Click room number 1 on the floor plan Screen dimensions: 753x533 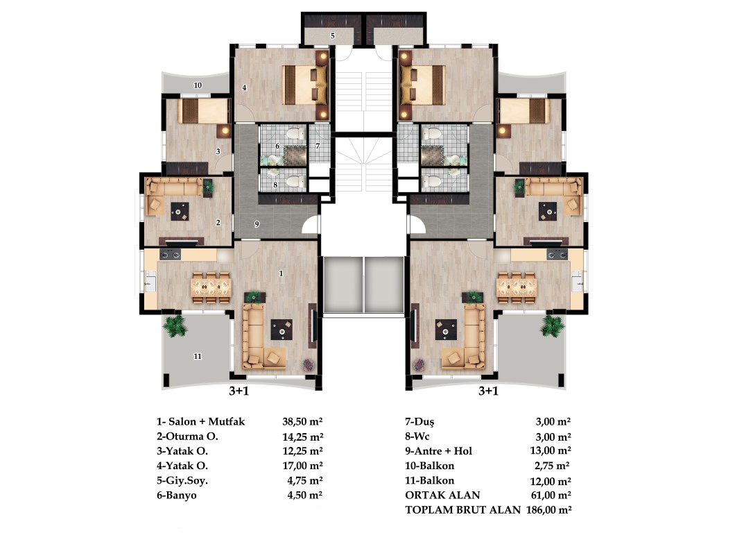[x=281, y=273]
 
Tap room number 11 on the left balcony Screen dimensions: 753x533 [x=198, y=356]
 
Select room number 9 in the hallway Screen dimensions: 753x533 [x=257, y=224]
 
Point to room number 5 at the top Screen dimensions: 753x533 [x=332, y=35]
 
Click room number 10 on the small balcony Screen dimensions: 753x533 [x=198, y=85]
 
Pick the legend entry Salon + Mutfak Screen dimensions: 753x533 [x=207, y=421]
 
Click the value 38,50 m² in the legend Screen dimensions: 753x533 [x=302, y=421]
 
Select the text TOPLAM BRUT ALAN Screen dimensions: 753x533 [x=463, y=510]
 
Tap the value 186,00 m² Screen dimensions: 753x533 [x=549, y=510]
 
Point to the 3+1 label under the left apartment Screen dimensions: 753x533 [x=239, y=391]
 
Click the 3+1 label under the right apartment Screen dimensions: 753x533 [x=488, y=391]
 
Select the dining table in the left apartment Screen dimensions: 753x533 [x=211, y=287]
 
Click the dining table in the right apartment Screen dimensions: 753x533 [x=517, y=287]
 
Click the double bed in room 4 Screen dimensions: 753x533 [x=305, y=85]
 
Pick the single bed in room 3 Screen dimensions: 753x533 [x=204, y=111]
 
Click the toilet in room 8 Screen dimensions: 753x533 [x=295, y=181]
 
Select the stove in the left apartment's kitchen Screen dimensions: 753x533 [x=170, y=254]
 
